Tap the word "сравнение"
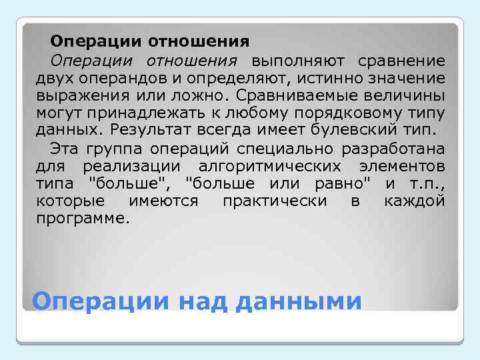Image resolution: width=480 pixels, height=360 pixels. [402, 62]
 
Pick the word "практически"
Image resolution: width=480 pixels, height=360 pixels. [274, 201]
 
